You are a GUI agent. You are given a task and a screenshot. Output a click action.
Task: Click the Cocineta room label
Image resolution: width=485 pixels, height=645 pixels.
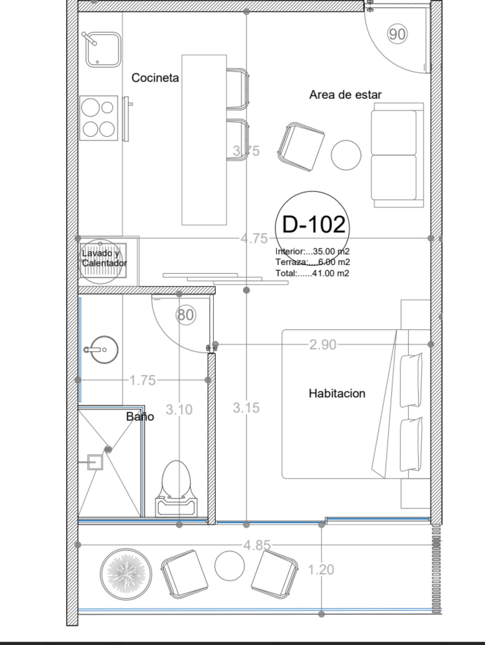155,78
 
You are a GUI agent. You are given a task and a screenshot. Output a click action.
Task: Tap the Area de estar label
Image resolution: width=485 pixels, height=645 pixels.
345,95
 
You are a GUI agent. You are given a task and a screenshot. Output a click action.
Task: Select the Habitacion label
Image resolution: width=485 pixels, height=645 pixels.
337,393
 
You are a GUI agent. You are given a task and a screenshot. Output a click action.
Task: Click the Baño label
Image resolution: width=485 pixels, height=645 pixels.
140,416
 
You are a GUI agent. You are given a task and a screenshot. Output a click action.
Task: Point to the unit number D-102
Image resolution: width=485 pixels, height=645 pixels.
314,225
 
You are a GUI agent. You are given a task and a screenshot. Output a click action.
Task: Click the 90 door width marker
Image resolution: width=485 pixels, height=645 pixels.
397,34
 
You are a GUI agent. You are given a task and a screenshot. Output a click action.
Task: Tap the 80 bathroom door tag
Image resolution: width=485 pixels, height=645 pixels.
186,315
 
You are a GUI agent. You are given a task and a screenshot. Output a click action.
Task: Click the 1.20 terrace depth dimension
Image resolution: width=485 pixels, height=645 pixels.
321,570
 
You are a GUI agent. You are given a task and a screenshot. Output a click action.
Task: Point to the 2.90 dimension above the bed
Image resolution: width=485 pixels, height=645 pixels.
323,345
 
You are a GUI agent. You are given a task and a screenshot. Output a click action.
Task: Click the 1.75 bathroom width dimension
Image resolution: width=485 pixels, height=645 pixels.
142,380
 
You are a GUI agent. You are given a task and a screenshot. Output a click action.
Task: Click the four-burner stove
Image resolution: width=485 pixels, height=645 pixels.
98,118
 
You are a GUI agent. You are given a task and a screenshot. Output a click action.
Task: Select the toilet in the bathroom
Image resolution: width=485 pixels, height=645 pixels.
176,490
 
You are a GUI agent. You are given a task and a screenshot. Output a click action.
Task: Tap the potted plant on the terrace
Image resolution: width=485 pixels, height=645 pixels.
126,574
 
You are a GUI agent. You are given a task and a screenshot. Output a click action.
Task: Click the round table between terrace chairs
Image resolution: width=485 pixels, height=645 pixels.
229,565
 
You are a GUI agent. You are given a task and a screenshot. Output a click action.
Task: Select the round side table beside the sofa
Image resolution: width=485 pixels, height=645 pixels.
346,155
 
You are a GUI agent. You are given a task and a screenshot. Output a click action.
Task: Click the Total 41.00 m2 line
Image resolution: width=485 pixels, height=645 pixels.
312,274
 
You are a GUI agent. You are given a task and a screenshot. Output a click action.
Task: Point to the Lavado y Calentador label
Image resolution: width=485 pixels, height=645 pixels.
104,258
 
